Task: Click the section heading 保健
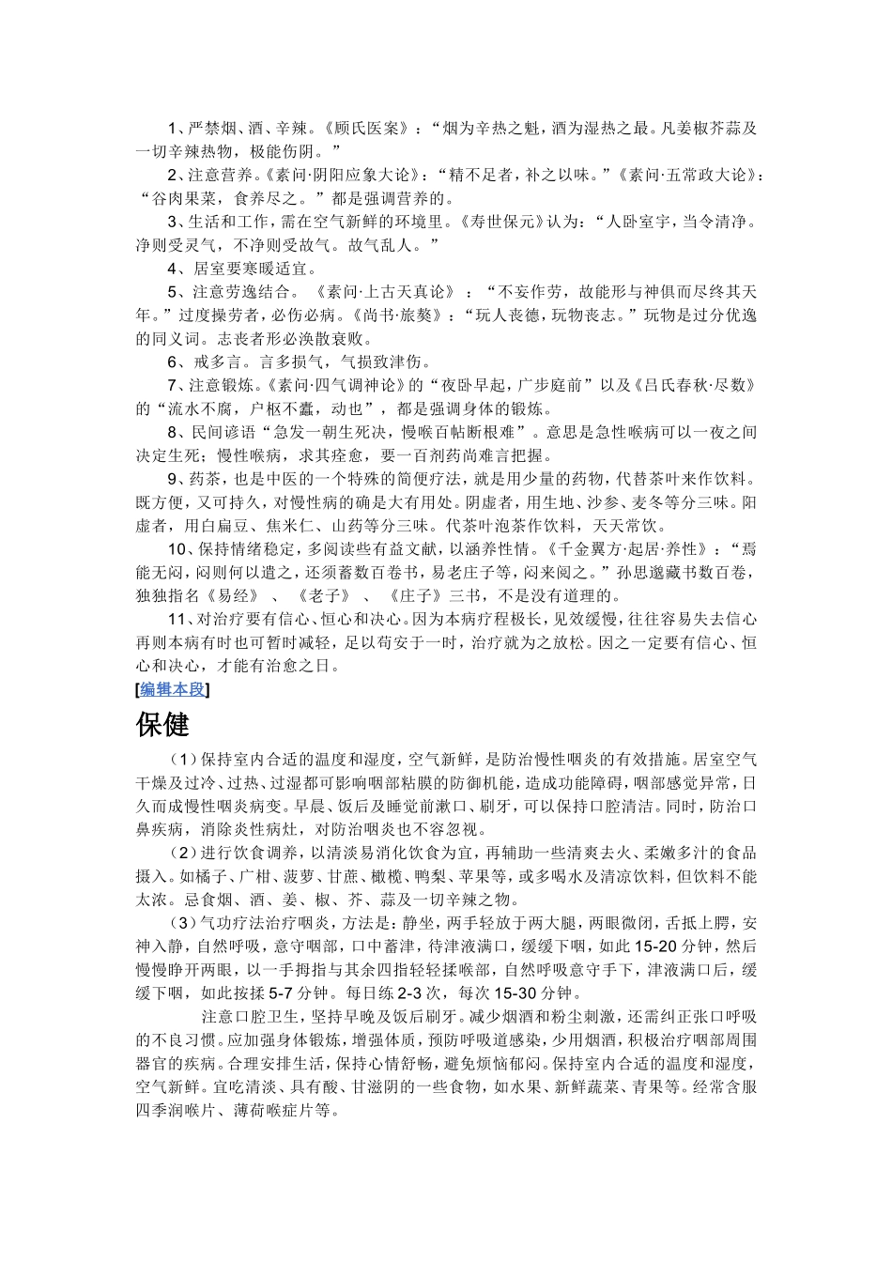tap(162, 724)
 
